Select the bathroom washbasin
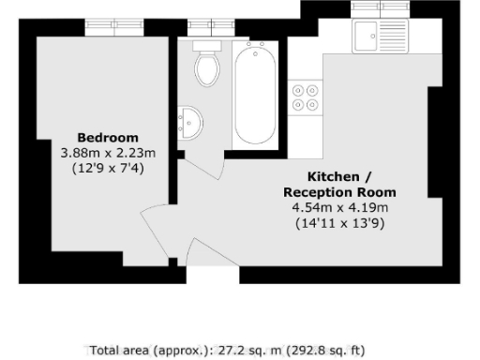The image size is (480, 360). tap(189, 123)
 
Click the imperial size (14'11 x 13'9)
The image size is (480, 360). tap(338, 224)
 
